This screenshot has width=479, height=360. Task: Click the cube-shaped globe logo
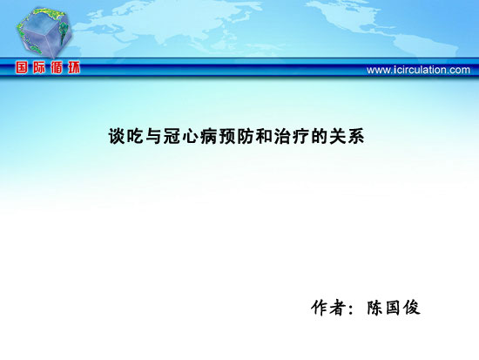pos(44,32)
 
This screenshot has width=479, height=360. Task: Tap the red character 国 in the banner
pos(22,67)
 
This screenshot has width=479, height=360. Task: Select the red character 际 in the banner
pos(39,67)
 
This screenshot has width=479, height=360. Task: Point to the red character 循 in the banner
pos(57,67)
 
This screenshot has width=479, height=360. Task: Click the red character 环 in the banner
pos(74,67)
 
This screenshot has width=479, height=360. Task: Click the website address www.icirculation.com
pos(418,70)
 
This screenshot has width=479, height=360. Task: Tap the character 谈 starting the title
pos(118,136)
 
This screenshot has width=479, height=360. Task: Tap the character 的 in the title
pos(319,136)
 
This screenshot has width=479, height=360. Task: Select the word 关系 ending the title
pos(347,136)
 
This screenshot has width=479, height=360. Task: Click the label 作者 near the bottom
pos(328,308)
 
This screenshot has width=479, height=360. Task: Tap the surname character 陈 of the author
pos(374,308)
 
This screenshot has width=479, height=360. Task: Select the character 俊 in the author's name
pos(411,308)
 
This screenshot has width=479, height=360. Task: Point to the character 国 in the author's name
pos(393,308)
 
